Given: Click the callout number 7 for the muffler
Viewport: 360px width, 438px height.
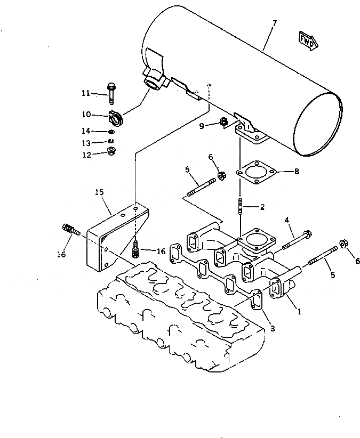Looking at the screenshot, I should tap(274, 23).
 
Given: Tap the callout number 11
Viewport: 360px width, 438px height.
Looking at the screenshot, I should tap(100, 94).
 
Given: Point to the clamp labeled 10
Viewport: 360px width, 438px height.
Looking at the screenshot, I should tap(116, 116).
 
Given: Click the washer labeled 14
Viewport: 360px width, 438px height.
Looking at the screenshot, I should tap(110, 131).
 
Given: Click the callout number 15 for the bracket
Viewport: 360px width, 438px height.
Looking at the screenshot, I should tap(100, 191).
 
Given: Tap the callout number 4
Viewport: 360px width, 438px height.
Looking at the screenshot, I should tap(286, 219).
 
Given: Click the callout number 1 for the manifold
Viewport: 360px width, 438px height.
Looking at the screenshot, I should tap(300, 312).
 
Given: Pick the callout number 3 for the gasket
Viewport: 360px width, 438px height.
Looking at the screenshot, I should tap(272, 329).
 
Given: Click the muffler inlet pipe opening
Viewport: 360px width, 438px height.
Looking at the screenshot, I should tap(153, 83).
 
